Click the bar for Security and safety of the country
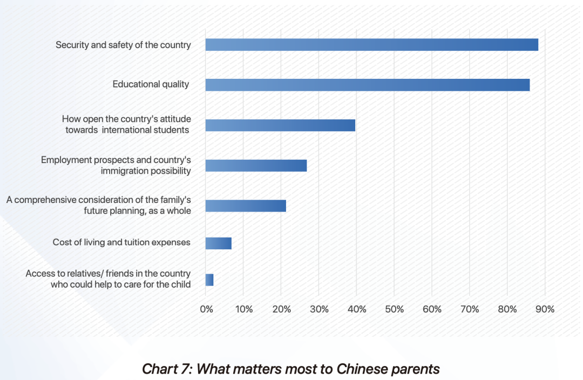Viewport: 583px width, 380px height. (371, 45)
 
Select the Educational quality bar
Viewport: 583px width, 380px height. (367, 85)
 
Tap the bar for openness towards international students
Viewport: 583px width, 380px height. (280, 125)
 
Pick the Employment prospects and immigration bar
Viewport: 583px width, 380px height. (256, 166)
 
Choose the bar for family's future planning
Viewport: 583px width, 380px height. (246, 206)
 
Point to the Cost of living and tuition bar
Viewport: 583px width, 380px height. (218, 243)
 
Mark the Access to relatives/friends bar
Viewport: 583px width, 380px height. (209, 280)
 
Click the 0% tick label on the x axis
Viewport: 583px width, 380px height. (206, 309)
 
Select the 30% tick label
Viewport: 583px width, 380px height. (320, 309)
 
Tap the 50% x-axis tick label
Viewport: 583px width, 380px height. (395, 309)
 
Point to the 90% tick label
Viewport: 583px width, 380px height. (545, 309)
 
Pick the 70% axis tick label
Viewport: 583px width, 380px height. (470, 309)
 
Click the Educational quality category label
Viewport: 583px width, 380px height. (151, 84)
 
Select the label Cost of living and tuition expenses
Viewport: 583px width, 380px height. (121, 242)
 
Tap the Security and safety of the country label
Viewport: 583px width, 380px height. (123, 45)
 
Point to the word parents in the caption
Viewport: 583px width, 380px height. (416, 369)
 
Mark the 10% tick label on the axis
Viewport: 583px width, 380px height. (243, 309)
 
